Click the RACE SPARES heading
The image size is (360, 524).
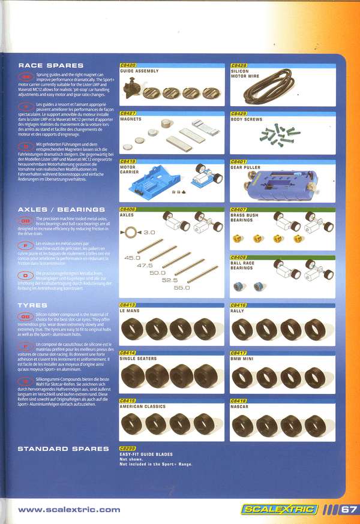[x=50, y=65]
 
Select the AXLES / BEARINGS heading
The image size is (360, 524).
[x=59, y=209]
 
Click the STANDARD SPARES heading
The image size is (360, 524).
[x=63, y=448]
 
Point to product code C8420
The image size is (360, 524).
[x=128, y=65]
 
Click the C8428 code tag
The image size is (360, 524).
[x=239, y=65]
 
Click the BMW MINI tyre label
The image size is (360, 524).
[x=243, y=359]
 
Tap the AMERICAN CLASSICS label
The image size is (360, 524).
[x=143, y=406]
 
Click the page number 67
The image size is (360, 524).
[x=348, y=510]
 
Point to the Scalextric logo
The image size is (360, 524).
[x=278, y=510]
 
